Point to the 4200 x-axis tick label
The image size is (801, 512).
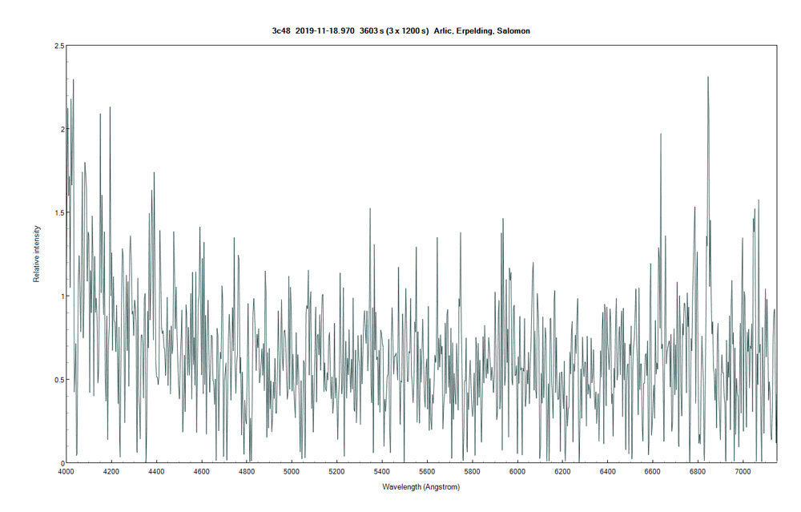click(x=111, y=472)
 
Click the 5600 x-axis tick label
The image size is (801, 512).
click(x=428, y=472)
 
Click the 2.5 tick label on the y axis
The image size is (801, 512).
click(x=58, y=46)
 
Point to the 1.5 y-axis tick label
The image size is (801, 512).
click(x=58, y=212)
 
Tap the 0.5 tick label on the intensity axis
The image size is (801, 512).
click(x=58, y=380)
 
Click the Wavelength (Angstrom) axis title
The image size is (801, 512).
click(x=421, y=486)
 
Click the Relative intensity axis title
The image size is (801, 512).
click(x=36, y=254)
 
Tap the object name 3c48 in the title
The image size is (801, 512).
click(x=282, y=30)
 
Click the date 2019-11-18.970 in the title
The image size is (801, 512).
click(x=325, y=30)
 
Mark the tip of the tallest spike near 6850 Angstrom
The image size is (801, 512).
click(x=708, y=77)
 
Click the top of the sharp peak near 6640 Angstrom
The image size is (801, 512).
click(x=661, y=134)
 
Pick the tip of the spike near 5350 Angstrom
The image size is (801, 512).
click(x=370, y=208)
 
